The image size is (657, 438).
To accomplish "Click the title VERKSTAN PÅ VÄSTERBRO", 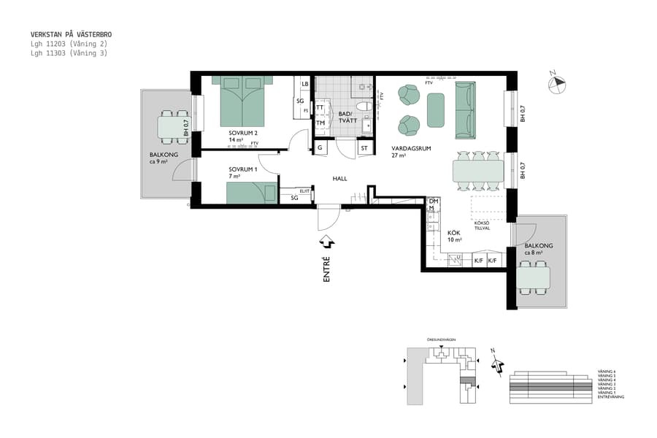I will (71, 34).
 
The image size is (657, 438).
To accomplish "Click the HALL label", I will (339, 178).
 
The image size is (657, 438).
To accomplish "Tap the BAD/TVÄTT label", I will (345, 118).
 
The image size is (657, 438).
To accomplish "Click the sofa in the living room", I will (465, 109).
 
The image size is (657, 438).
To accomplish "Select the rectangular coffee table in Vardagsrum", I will (436, 109).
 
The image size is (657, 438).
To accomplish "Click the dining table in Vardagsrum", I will (478, 171).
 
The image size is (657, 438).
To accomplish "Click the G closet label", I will (320, 148).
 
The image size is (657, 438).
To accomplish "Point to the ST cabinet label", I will (364, 148).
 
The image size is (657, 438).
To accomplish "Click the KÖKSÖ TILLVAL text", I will (483, 225).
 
